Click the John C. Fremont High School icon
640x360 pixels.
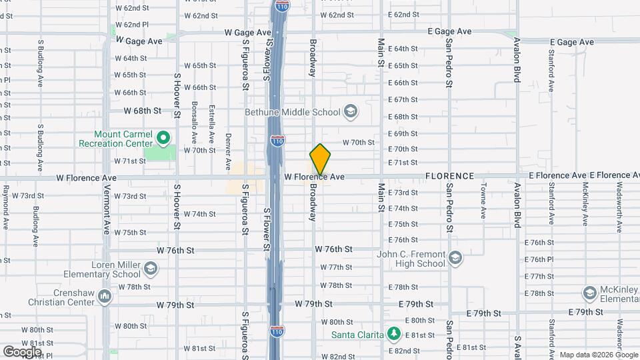(455, 258)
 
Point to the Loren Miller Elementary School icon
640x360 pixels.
(151, 269)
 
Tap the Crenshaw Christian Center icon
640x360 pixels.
(104, 295)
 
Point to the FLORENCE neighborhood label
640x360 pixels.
(450, 176)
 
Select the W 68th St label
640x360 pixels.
(143, 110)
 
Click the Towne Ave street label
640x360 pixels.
(483, 200)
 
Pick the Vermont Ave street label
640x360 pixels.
(106, 213)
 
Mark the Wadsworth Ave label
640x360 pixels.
(619, 207)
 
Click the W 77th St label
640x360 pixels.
(336, 267)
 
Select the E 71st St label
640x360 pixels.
(402, 162)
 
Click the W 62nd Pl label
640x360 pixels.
(131, 24)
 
